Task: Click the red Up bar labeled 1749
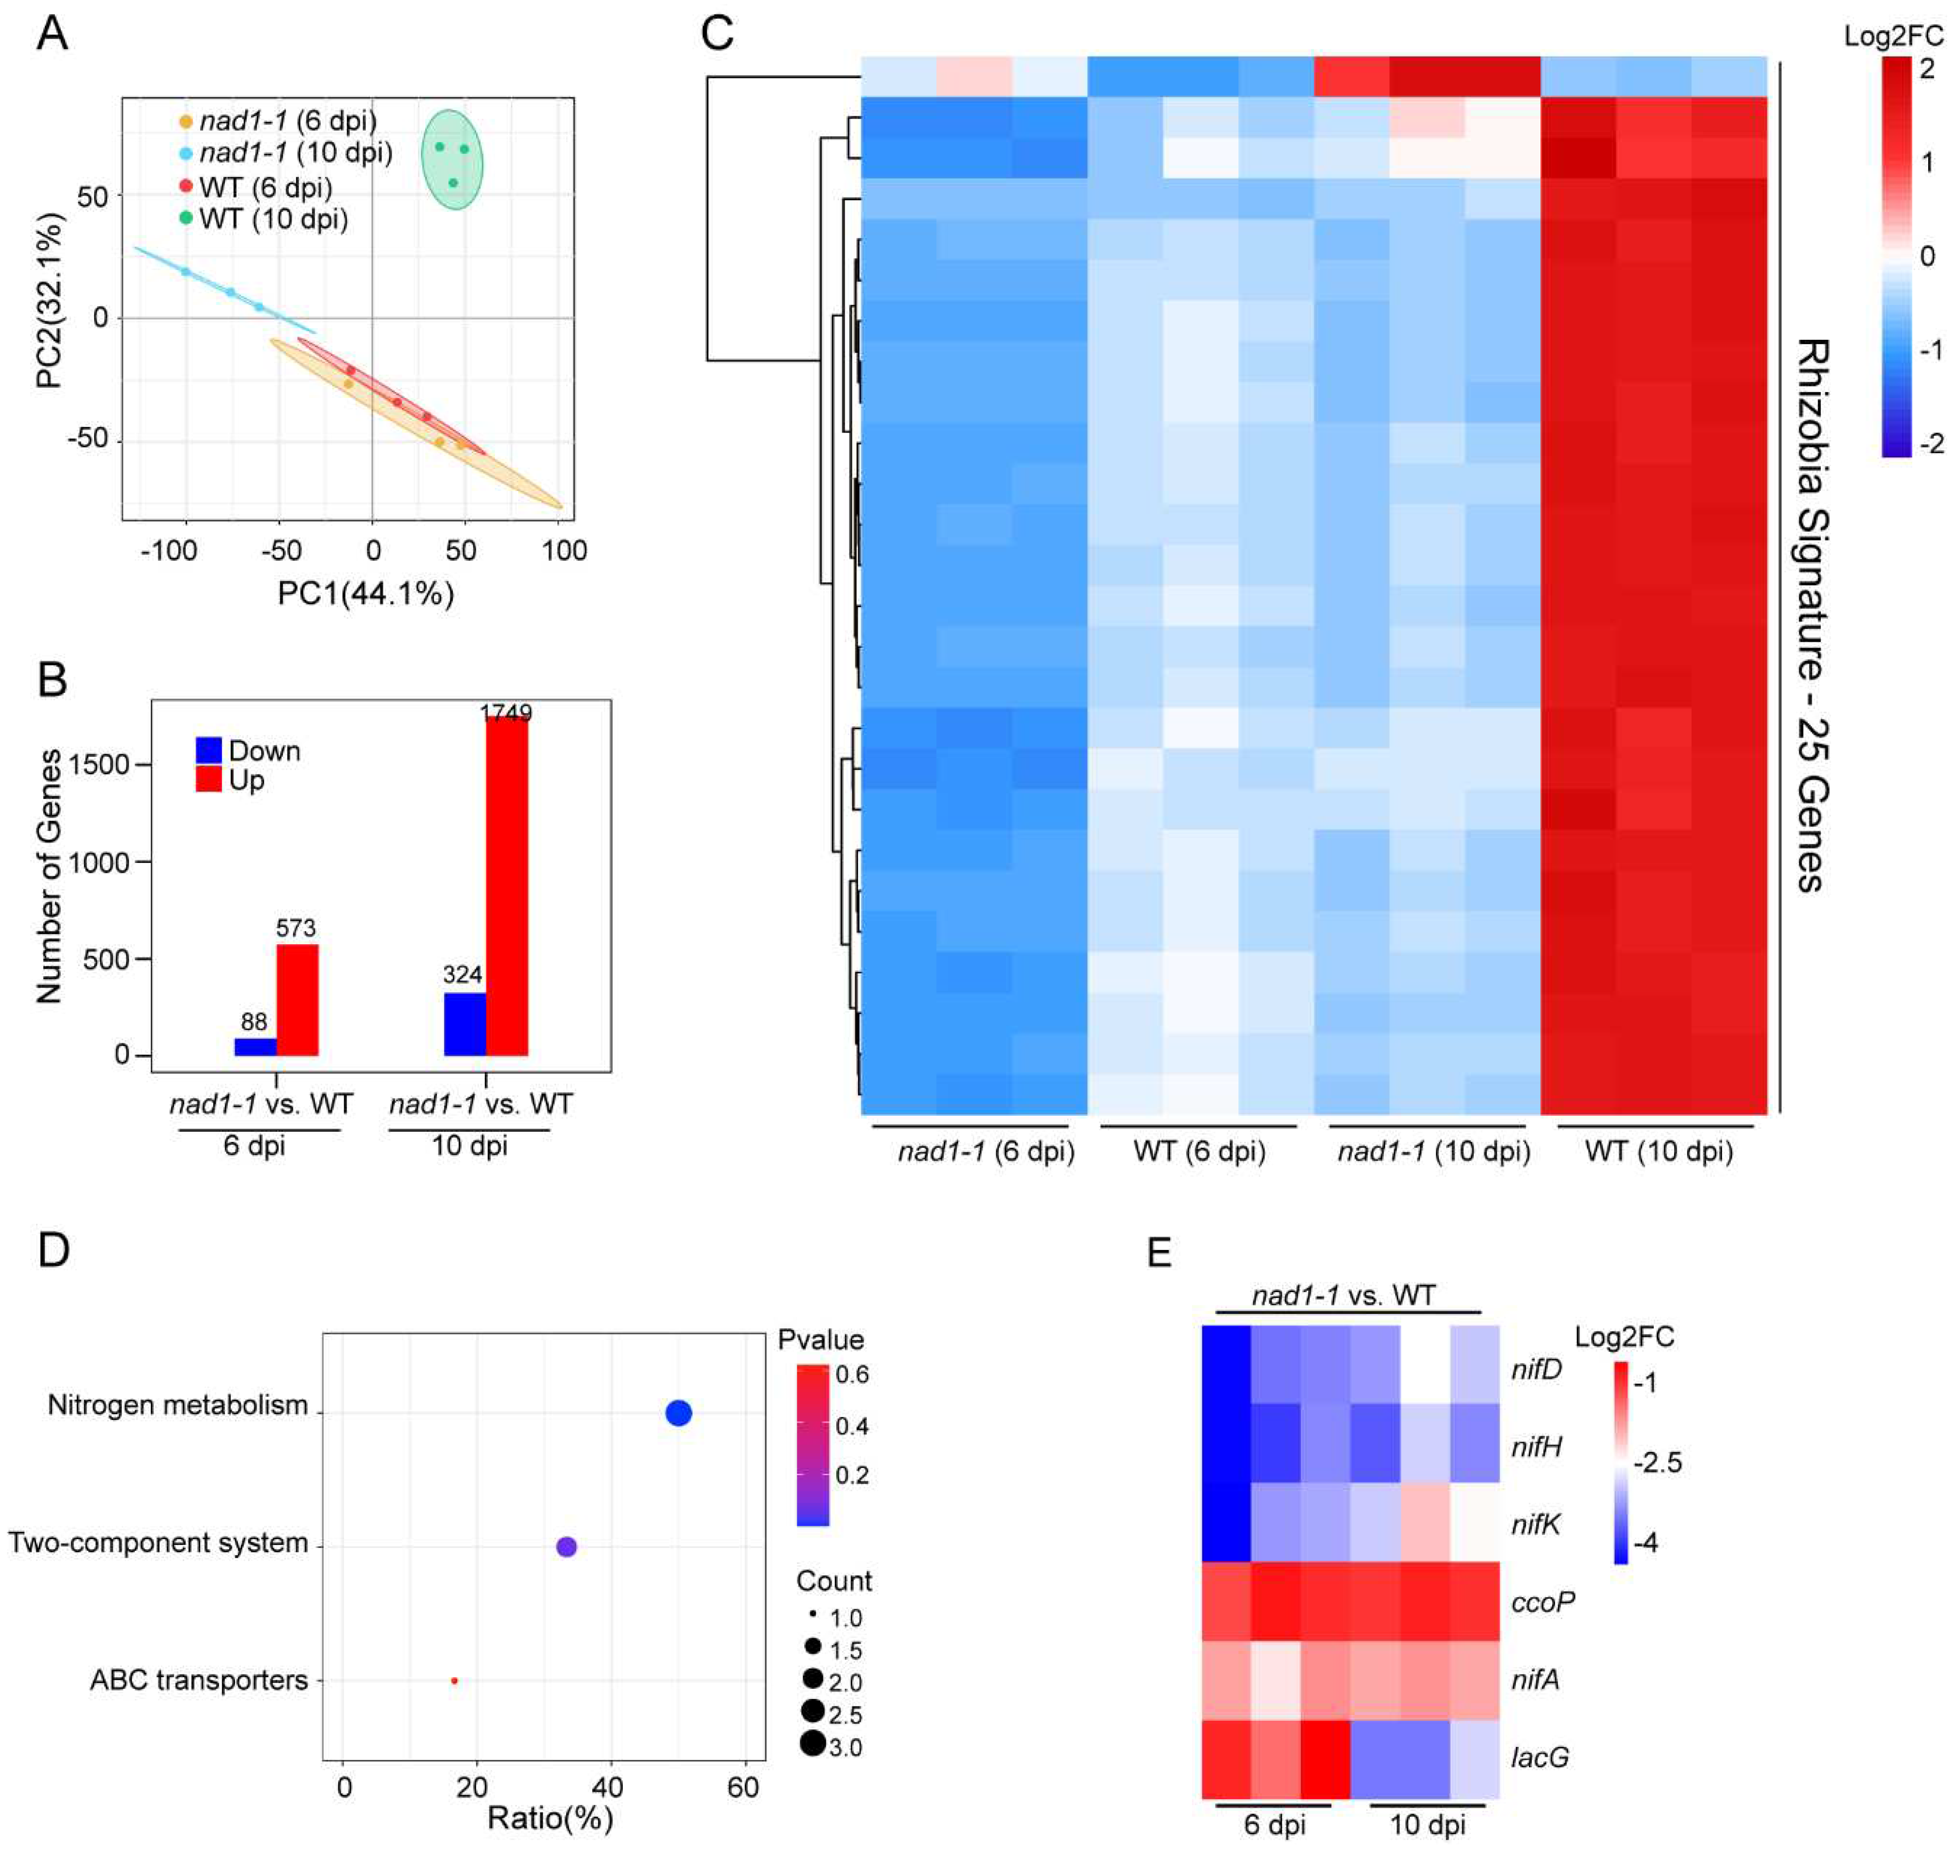click(x=507, y=886)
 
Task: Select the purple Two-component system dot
click(x=566, y=1546)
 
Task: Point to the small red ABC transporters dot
click(x=454, y=1680)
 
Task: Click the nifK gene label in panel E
click(x=1536, y=1524)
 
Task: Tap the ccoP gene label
click(x=1542, y=1602)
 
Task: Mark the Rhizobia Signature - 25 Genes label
click(x=1812, y=616)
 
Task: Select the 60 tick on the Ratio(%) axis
click(x=743, y=1787)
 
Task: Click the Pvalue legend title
click(x=820, y=1339)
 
